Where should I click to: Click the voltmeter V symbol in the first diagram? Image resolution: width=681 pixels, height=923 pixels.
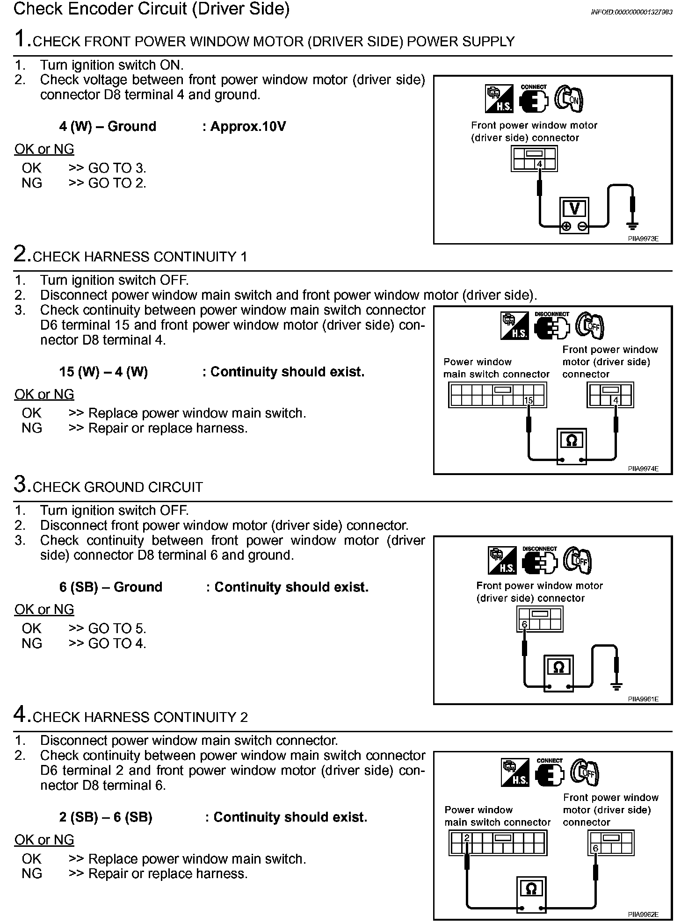point(574,209)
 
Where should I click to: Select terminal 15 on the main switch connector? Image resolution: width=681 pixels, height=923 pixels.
point(529,400)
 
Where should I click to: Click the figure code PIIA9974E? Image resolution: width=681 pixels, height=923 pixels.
point(643,469)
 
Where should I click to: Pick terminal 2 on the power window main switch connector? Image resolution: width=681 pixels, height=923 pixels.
point(466,838)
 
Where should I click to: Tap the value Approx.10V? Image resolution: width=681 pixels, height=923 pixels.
point(248,127)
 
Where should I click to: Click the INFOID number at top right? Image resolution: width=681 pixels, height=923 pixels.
point(631,13)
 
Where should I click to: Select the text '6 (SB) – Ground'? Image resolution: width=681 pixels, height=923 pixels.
point(111,587)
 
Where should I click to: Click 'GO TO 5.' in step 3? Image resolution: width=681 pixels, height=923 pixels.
point(117,628)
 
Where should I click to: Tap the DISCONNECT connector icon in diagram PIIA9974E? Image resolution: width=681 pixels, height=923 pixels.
point(552,327)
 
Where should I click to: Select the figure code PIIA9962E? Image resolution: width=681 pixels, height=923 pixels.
point(643,914)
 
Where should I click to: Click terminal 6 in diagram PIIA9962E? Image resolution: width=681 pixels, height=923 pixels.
point(595,849)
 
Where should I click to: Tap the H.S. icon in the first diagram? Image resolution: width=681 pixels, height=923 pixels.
point(499,99)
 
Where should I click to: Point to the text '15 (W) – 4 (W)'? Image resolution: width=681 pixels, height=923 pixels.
point(103,372)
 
